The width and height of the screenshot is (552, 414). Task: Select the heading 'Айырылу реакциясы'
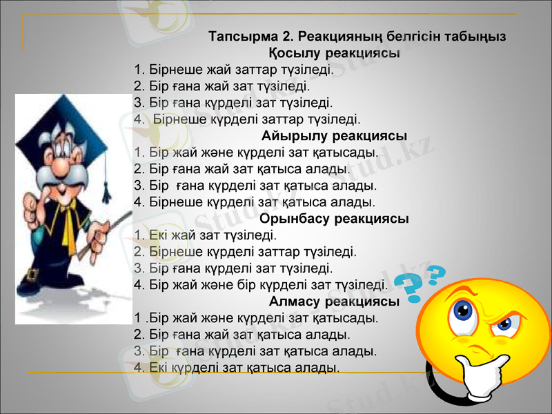pos(335,135)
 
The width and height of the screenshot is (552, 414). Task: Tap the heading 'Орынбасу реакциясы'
pos(335,219)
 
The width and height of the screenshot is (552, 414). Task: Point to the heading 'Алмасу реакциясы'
pos(335,302)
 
